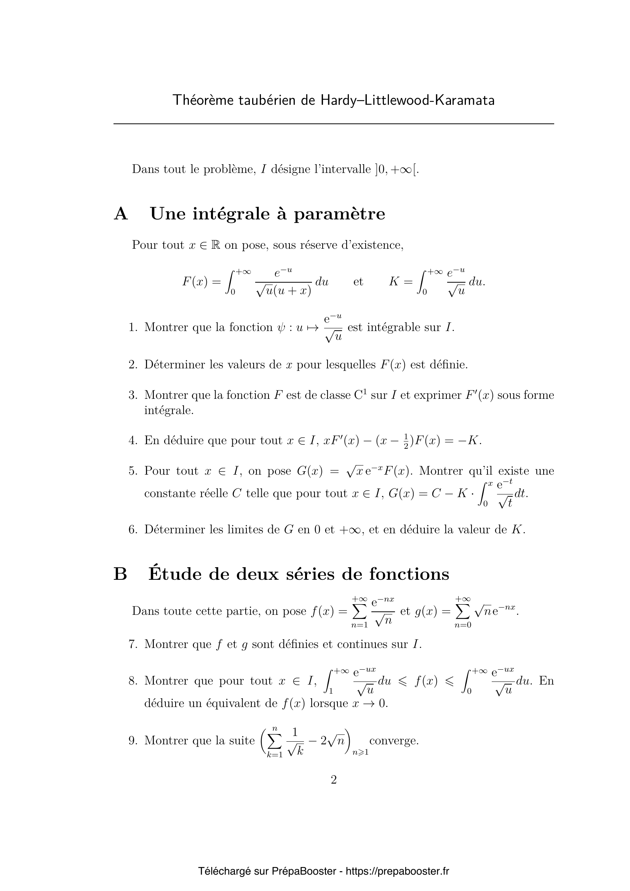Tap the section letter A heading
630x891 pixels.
(121, 214)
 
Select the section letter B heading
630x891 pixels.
(120, 574)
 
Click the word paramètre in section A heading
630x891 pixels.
(339, 214)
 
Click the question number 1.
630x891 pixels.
(133, 328)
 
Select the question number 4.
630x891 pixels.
(133, 440)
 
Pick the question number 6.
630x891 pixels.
(133, 529)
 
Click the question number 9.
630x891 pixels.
(133, 741)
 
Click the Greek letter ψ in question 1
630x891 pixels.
(281, 328)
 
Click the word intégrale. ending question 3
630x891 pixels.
(169, 410)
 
